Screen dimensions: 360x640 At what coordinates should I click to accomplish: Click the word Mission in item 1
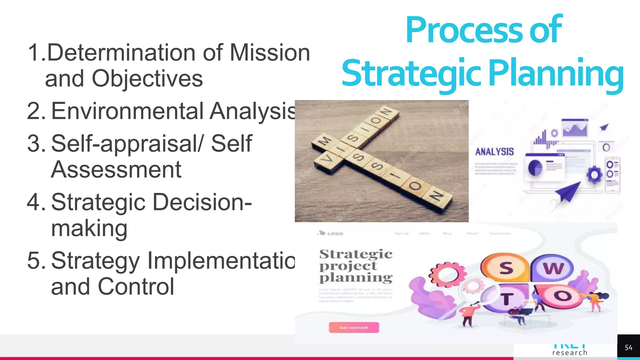click(x=270, y=52)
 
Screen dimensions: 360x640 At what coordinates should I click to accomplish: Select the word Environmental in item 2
click(x=127, y=111)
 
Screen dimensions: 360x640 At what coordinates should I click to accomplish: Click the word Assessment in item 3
click(x=116, y=170)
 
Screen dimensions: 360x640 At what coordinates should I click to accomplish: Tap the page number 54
click(x=628, y=347)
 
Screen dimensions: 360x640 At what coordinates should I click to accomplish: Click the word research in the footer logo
click(x=570, y=353)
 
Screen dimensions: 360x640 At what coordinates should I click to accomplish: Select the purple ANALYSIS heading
click(x=494, y=152)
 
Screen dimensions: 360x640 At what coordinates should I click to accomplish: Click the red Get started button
click(x=354, y=327)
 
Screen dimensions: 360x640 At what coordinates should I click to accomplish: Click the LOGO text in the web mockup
click(x=335, y=233)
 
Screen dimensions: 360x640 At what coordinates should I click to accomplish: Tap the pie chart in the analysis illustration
click(x=535, y=168)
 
